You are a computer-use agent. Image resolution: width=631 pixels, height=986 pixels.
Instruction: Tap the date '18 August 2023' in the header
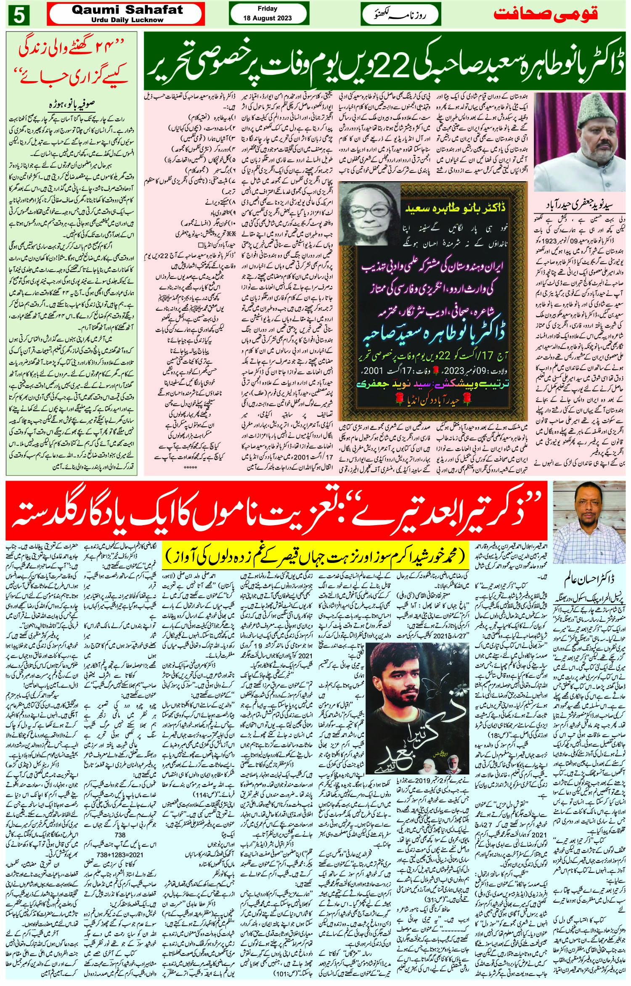tap(267, 19)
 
